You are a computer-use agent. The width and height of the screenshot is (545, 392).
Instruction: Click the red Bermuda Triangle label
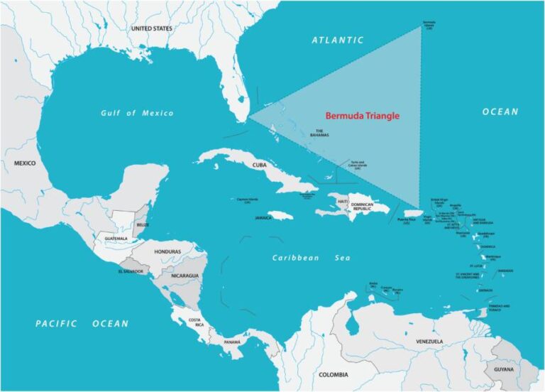[362, 116]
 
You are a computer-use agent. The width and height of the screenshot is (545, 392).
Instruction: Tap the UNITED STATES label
[152, 28]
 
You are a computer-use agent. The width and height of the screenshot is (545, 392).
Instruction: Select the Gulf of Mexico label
[136, 113]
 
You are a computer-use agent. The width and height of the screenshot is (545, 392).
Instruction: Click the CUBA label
[259, 165]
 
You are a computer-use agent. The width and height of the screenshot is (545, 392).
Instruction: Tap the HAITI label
[342, 202]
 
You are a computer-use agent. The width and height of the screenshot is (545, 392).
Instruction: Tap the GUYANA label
[505, 370]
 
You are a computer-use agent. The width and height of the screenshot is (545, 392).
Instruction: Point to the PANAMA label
[233, 342]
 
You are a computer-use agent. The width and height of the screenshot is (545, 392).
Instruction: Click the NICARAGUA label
[185, 275]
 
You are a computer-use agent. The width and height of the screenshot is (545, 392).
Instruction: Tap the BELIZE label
[143, 224]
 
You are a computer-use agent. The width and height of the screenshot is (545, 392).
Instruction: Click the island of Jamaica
[281, 215]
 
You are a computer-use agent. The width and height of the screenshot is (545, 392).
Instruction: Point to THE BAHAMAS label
[319, 133]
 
